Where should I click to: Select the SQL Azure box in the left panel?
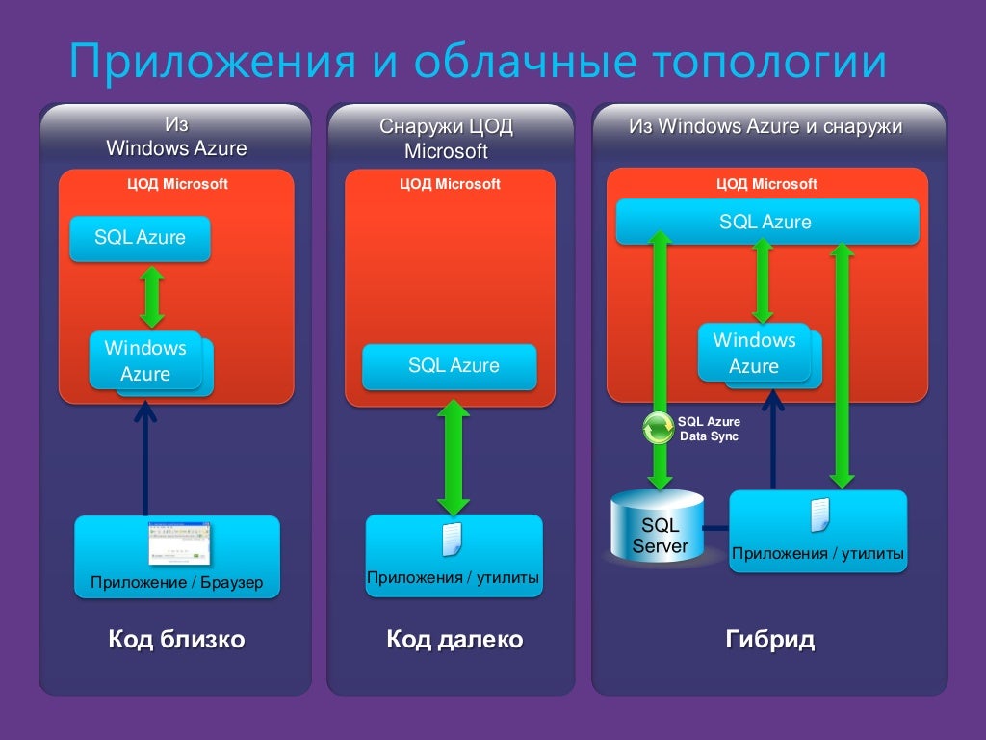(140, 238)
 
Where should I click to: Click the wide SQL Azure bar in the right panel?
(765, 223)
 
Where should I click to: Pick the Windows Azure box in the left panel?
(146, 360)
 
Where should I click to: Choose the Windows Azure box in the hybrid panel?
(755, 354)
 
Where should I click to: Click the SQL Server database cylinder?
(660, 528)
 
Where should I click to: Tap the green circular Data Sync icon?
(659, 428)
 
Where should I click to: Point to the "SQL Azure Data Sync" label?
(710, 429)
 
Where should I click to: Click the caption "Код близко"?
(176, 640)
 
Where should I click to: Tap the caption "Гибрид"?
(769, 640)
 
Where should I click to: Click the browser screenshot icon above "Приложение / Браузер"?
(179, 543)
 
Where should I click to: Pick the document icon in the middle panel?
(453, 540)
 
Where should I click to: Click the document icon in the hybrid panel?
(819, 515)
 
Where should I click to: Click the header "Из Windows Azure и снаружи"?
(765, 126)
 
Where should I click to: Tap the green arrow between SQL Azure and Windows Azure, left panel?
(151, 297)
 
